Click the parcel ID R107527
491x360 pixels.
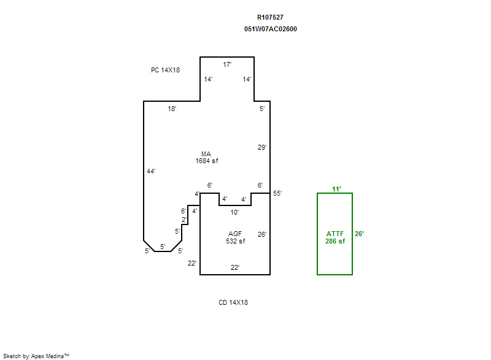[x=270, y=18]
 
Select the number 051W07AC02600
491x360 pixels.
[x=270, y=29]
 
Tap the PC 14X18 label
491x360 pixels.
[x=165, y=70]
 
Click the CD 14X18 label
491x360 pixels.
[x=233, y=302]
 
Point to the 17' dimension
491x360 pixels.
[x=227, y=64]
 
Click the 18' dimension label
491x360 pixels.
[x=172, y=109]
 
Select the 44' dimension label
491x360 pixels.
[x=151, y=171]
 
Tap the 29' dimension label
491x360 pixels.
[x=261, y=147]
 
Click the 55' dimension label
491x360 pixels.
[x=277, y=193]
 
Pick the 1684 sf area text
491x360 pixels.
[x=206, y=161]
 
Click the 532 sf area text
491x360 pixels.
[x=235, y=241]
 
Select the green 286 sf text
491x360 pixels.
[x=335, y=241]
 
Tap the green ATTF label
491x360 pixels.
[x=335, y=234]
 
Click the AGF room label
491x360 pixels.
[x=235, y=234]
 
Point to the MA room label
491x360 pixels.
[x=206, y=154]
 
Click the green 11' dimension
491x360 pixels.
[x=336, y=189]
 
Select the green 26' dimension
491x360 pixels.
[x=359, y=234]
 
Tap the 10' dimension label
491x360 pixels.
[x=234, y=212]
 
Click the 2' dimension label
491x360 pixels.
[x=184, y=220]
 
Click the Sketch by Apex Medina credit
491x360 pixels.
[x=36, y=356]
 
